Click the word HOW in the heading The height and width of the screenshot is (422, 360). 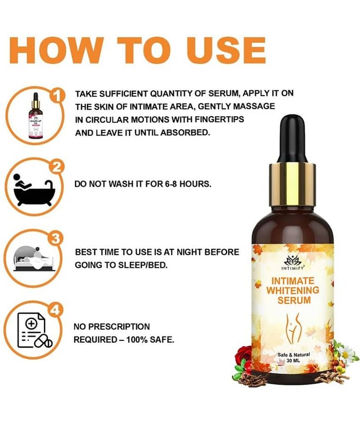tap(57, 50)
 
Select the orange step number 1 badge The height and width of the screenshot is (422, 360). tap(57, 96)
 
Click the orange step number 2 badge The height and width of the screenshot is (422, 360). tap(56, 167)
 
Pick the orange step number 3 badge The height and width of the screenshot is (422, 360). tap(55, 238)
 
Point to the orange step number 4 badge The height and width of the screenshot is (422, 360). tap(55, 310)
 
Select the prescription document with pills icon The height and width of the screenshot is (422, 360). tap(35, 330)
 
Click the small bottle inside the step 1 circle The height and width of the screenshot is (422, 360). tap(35, 116)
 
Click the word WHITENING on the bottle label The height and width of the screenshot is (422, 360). tap(293, 291)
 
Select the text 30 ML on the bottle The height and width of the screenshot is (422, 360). tap(293, 361)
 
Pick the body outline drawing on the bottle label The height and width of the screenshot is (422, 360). tap(293, 329)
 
